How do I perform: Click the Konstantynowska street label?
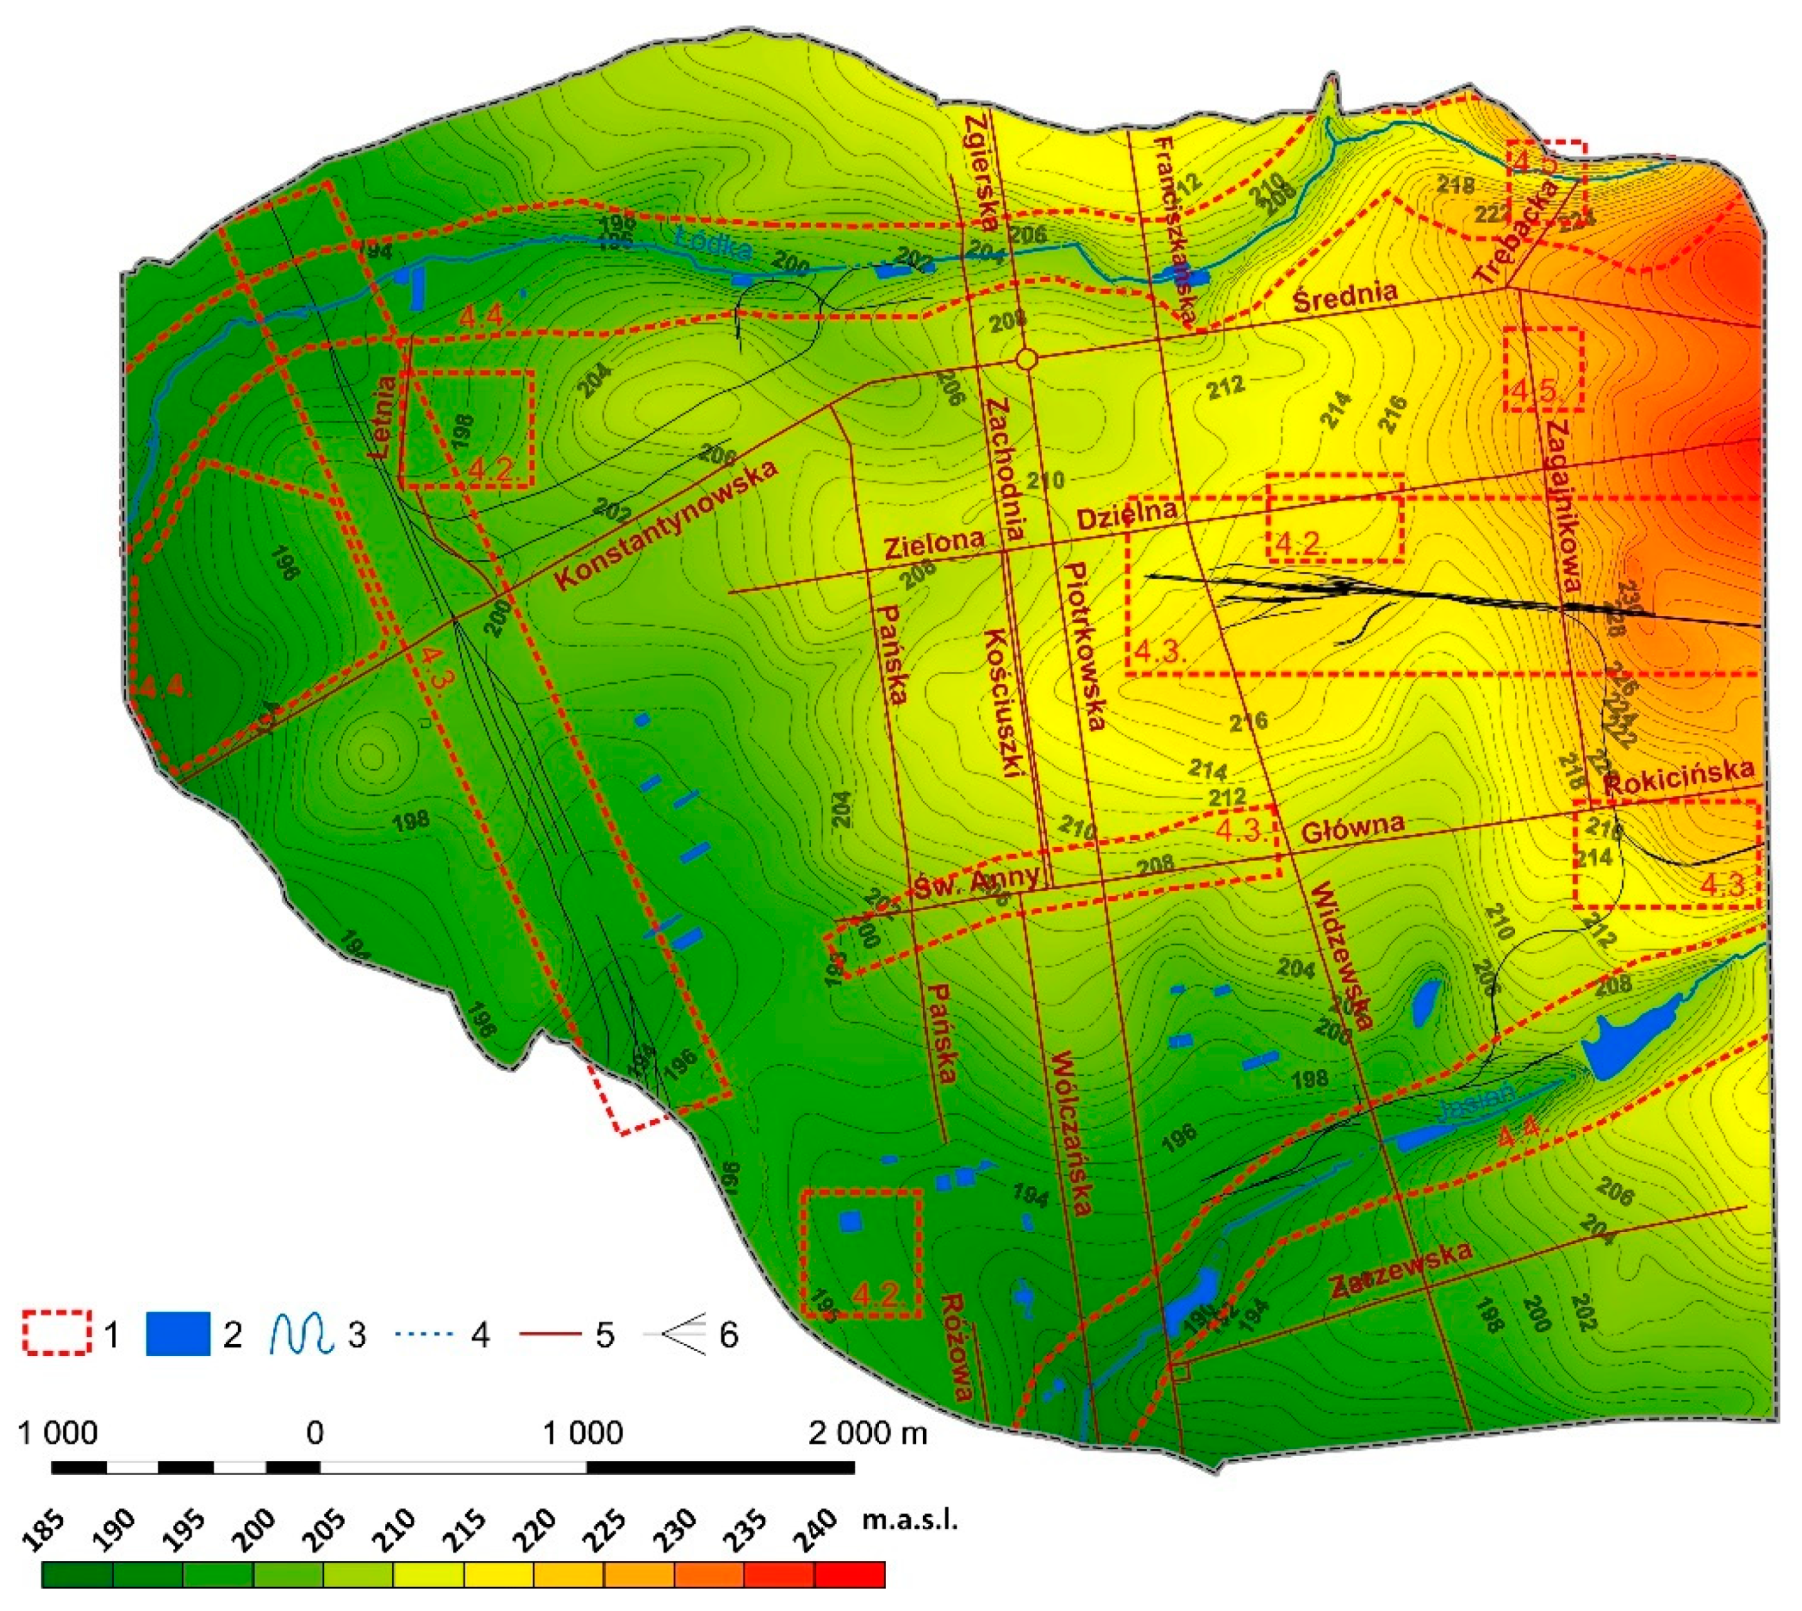667,525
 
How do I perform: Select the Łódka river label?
714,243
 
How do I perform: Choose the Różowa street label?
958,1349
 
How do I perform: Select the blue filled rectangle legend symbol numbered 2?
177,1333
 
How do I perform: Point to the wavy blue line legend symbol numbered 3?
301,1333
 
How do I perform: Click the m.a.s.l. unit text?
910,1522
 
